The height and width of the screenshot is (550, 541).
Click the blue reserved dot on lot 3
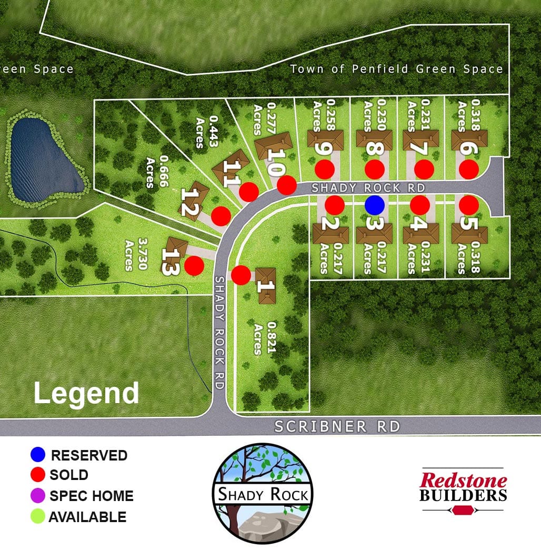click(x=375, y=205)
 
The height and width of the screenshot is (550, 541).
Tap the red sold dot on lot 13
click(x=194, y=265)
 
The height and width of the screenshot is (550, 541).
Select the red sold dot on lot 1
click(x=241, y=275)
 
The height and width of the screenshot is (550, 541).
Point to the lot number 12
click(x=188, y=202)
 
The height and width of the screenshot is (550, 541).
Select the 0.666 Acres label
click(x=157, y=172)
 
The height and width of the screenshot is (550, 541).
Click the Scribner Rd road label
click(x=337, y=426)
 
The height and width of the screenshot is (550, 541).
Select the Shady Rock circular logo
click(x=263, y=494)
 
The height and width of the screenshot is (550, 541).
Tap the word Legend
click(x=86, y=394)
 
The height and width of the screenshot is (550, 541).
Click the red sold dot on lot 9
click(x=325, y=169)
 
